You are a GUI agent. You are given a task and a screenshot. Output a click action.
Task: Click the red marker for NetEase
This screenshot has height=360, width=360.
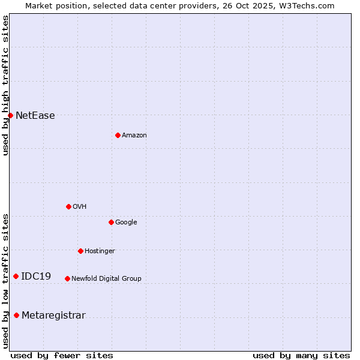pyautogui.click(x=10, y=115)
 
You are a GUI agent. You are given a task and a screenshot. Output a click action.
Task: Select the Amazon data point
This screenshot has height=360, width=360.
pyautogui.click(x=118, y=135)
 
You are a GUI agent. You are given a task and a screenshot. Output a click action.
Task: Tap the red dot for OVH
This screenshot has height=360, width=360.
pyautogui.click(x=68, y=206)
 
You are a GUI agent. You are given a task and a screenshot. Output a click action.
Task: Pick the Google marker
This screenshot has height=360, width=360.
pyautogui.click(x=111, y=222)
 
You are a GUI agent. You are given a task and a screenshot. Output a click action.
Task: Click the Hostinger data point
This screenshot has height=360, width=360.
pyautogui.click(x=80, y=251)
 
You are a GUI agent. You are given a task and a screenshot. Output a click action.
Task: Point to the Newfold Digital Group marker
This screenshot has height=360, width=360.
pyautogui.click(x=67, y=278)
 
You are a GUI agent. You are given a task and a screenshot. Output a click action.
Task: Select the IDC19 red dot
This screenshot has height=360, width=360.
pyautogui.click(x=16, y=276)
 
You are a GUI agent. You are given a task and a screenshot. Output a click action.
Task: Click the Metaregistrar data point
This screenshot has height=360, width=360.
pyautogui.click(x=16, y=315)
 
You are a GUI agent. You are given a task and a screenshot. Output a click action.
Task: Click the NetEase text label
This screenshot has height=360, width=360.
pyautogui.click(x=35, y=116)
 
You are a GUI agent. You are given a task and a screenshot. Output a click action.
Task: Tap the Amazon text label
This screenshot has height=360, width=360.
pyautogui.click(x=134, y=136)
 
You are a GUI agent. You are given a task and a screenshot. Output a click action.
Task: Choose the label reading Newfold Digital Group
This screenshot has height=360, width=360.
pyautogui.click(x=107, y=278)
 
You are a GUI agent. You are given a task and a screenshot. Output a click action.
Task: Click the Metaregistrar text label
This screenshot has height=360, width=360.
pyautogui.click(x=53, y=316)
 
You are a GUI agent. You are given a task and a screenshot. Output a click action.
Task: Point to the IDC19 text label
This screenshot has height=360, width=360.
pyautogui.click(x=36, y=277)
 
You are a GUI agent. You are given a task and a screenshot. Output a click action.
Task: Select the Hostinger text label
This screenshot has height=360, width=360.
pyautogui.click(x=100, y=251)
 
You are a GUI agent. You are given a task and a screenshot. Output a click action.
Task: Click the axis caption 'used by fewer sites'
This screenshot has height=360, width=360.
pyautogui.click(x=62, y=355)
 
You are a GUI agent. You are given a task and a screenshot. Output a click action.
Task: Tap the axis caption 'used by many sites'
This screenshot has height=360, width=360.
pyautogui.click(x=301, y=355)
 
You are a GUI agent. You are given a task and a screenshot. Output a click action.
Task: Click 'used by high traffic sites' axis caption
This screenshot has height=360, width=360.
pyautogui.click(x=5, y=85)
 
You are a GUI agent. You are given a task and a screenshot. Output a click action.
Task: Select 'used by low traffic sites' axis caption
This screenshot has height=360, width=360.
pyautogui.click(x=5, y=281)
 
